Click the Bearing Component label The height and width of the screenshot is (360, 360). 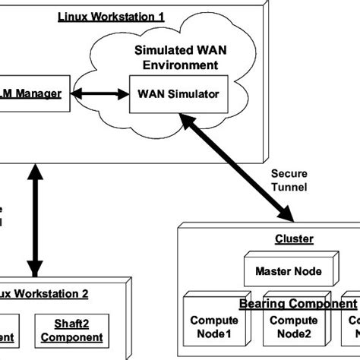[298, 304]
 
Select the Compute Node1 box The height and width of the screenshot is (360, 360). [213, 327]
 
